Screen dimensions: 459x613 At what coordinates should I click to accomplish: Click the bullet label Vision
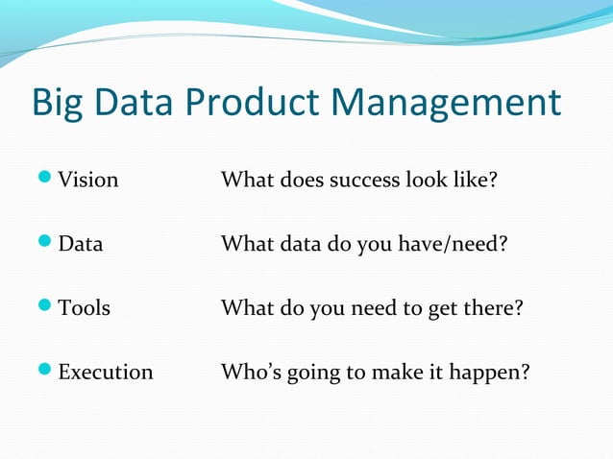coord(88,180)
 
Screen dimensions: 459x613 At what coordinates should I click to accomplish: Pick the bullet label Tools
coord(85,308)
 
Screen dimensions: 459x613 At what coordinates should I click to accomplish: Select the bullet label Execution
coord(106,372)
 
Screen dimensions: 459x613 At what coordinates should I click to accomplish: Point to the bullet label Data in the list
coord(81,244)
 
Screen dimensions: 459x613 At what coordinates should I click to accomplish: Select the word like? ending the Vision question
coord(474,180)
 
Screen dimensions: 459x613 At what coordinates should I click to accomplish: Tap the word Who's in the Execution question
coord(248,372)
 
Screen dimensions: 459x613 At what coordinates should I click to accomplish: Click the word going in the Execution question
coord(311,373)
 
